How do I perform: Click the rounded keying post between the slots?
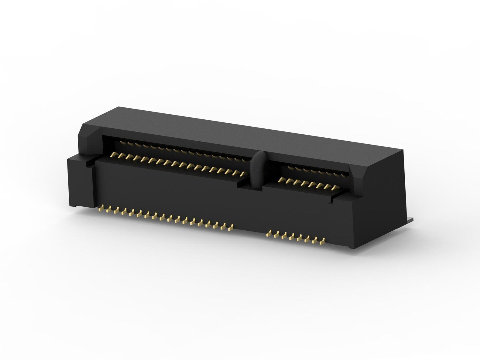[x=257, y=171]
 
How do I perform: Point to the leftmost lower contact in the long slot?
[x=113, y=155]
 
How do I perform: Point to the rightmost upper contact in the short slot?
[x=344, y=175]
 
